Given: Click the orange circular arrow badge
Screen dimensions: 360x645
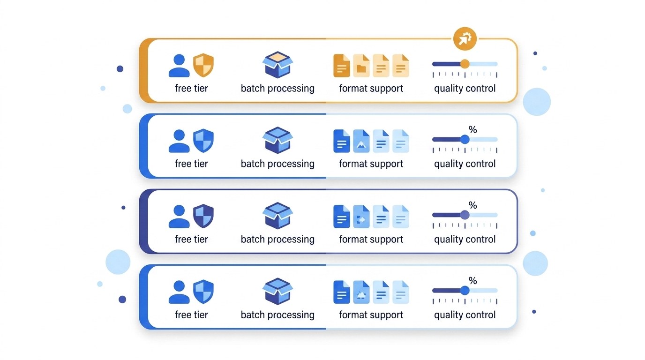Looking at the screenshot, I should [465, 39].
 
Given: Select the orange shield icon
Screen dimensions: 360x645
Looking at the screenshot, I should [203, 65].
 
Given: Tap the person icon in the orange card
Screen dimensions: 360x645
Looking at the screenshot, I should [179, 66].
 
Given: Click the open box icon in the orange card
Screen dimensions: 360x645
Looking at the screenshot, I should [277, 65].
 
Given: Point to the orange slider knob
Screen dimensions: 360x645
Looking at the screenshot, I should [465, 64].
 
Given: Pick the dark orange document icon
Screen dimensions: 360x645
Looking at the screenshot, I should [342, 65].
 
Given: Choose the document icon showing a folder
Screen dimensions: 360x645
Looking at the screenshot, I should [361, 65].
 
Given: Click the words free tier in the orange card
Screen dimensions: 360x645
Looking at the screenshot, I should [191, 88].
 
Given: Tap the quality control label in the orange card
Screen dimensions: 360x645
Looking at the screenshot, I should [465, 88].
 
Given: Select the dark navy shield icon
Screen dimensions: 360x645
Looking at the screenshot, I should [203, 216].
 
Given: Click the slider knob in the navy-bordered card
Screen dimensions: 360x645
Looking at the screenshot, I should [465, 215].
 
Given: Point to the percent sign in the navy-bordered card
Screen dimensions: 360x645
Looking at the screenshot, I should [472, 205].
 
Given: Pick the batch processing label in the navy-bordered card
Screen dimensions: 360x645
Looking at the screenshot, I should [277, 239].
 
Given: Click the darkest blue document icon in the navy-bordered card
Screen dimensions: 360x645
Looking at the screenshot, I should [342, 216].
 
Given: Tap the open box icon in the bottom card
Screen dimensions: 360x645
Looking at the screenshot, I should [277, 291].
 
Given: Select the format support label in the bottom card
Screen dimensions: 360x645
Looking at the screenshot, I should [371, 315].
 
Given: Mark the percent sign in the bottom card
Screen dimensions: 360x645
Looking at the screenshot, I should [472, 281].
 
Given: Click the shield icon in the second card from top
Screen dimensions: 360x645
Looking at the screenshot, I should [203, 141].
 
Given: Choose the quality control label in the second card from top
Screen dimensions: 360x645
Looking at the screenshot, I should [465, 164].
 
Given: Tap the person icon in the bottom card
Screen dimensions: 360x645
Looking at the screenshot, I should [179, 292].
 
